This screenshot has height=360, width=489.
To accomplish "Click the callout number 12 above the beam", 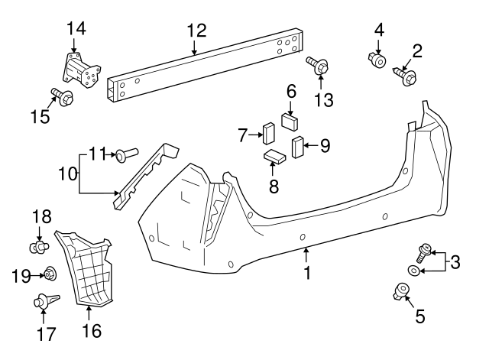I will click(x=196, y=31).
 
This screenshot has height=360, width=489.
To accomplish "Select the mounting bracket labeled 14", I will click(x=80, y=73).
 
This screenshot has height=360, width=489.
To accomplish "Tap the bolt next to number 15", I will click(x=61, y=97).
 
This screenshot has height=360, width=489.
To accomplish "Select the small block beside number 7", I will click(x=269, y=133).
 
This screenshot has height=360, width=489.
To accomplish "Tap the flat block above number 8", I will click(x=274, y=158).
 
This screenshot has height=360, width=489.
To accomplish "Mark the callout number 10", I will click(x=67, y=174).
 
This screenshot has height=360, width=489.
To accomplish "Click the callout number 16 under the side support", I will click(x=91, y=331).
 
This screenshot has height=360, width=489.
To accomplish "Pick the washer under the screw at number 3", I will click(x=413, y=270).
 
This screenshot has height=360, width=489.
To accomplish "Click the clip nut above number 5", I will click(x=400, y=290).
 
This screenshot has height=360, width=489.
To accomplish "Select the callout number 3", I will click(x=455, y=263).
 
